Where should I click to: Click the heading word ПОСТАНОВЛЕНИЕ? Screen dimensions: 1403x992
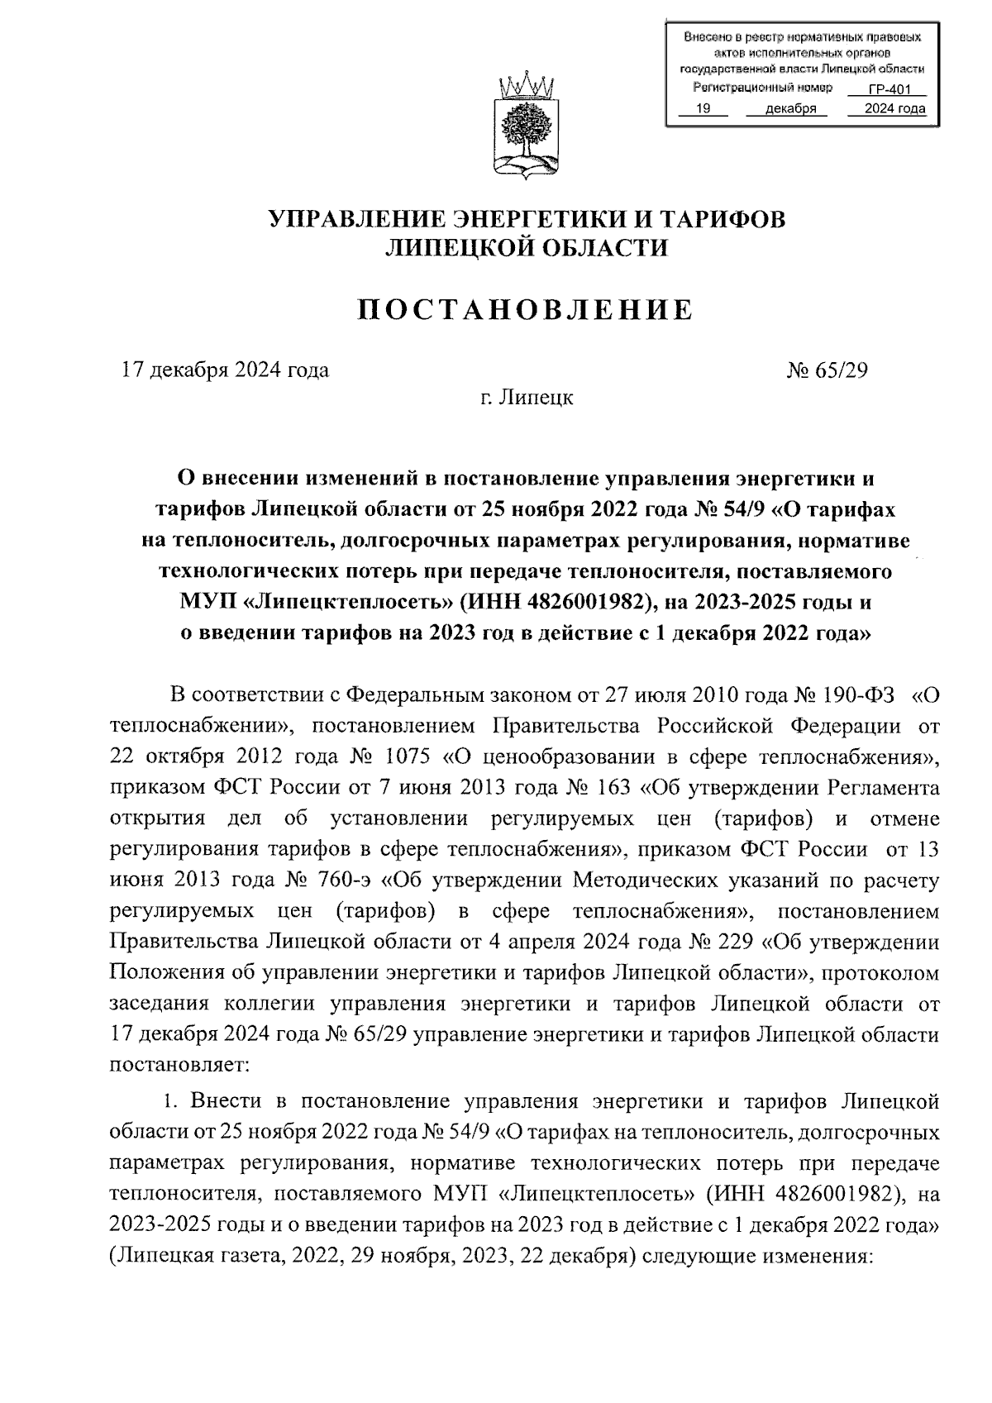pyautogui.click(x=525, y=310)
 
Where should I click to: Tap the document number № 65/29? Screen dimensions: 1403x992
pyautogui.click(x=827, y=370)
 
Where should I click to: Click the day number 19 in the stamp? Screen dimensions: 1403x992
pyautogui.click(x=703, y=108)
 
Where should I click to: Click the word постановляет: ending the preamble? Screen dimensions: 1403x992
pyautogui.click(x=179, y=1066)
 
